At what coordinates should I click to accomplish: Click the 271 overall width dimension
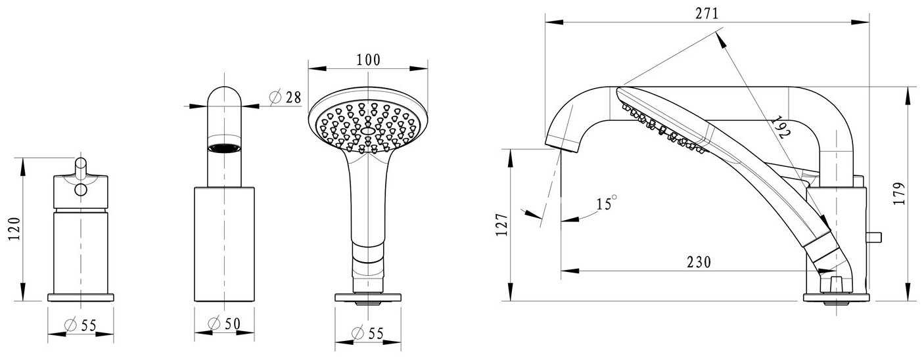point(707,14)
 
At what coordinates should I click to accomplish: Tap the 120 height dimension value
point(14,229)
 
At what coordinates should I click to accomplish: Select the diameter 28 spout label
point(285,97)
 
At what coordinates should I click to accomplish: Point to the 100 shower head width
point(369,60)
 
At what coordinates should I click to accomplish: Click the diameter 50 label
point(224,324)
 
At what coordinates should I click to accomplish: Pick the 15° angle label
point(607,203)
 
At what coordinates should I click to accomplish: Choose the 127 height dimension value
point(502,225)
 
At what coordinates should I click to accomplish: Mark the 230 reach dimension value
point(699,262)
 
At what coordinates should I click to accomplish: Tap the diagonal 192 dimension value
point(781,127)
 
